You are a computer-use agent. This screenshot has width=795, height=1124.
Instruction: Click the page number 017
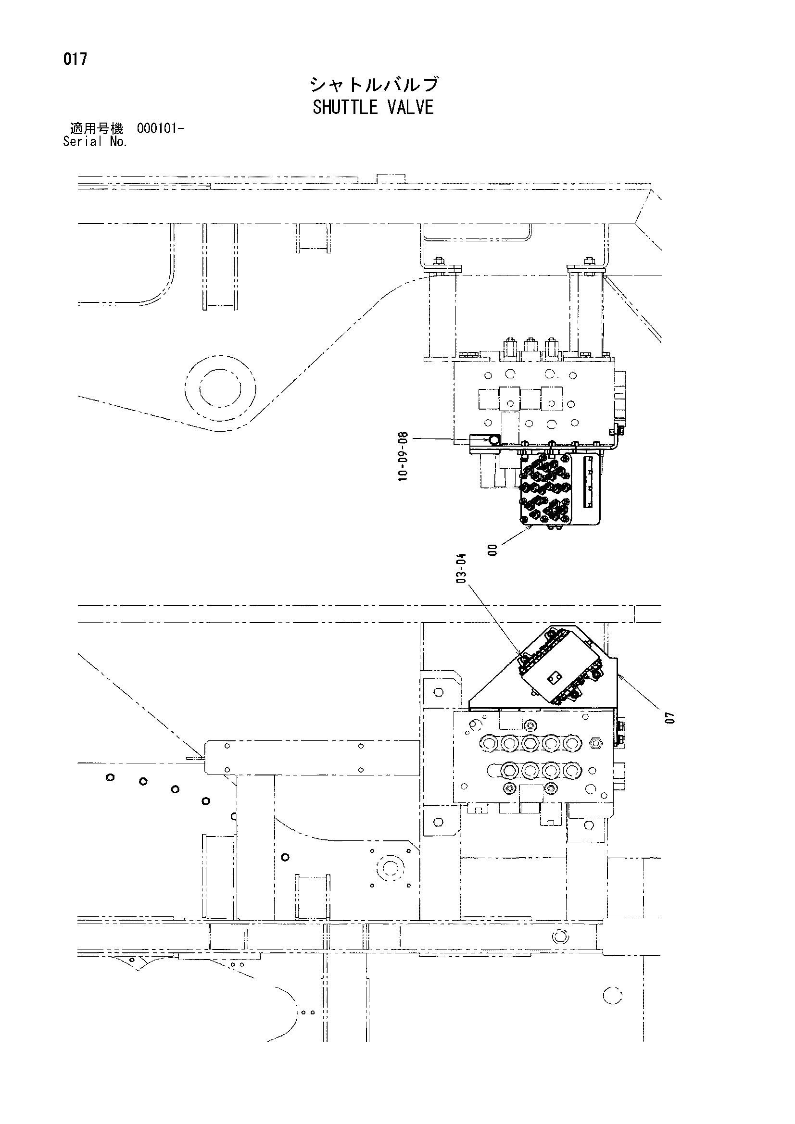click(x=75, y=59)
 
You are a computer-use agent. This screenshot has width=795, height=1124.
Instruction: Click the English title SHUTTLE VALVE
click(x=373, y=107)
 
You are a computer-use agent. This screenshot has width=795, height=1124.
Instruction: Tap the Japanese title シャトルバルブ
click(x=373, y=85)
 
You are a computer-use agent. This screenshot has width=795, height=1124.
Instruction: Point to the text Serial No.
click(x=96, y=142)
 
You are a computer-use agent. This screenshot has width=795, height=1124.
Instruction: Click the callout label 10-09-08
click(x=403, y=456)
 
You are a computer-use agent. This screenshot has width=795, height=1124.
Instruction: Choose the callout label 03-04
click(x=461, y=568)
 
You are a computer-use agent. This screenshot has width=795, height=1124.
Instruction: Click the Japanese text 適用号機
click(x=97, y=129)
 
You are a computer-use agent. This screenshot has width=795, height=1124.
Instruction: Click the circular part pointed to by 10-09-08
click(x=492, y=440)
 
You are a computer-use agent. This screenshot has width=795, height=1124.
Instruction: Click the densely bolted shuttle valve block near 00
click(x=545, y=490)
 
